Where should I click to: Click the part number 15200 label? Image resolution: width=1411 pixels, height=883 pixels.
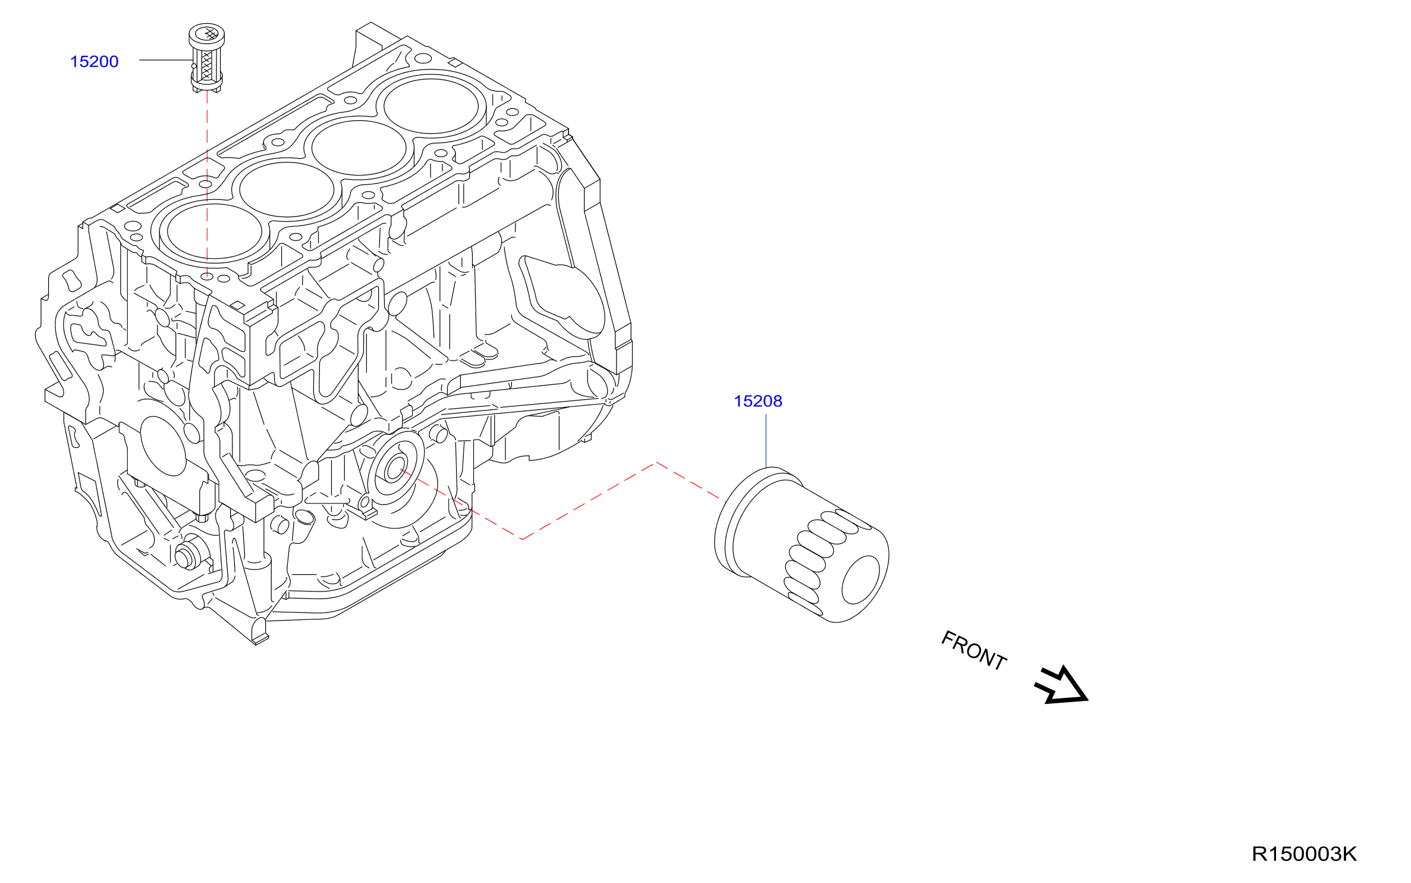pyautogui.click(x=94, y=62)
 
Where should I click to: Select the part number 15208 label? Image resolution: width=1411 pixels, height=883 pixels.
pyautogui.click(x=758, y=402)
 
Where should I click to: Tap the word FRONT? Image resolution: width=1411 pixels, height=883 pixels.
pyautogui.click(x=973, y=651)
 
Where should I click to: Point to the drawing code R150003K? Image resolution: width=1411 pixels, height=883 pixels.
pyautogui.click(x=1304, y=854)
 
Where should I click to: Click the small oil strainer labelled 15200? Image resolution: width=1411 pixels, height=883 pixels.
pyautogui.click(x=206, y=58)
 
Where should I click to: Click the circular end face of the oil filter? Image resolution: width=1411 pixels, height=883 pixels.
pyautogui.click(x=860, y=580)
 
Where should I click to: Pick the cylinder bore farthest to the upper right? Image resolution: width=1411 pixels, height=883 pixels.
pyautogui.click(x=431, y=107)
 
